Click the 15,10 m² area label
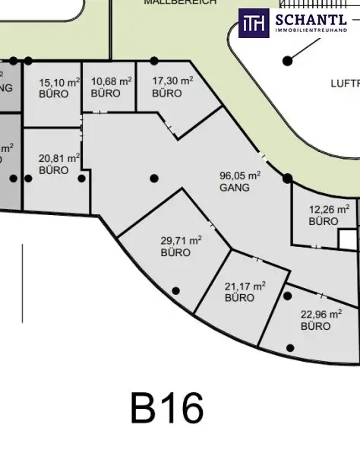pyautogui.click(x=58, y=82)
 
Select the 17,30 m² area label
pyautogui.click(x=172, y=81)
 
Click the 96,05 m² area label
pyautogui.click(x=240, y=174)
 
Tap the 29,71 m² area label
pyautogui.click(x=181, y=240)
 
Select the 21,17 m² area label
pyautogui.click(x=245, y=286)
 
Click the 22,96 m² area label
pyautogui.click(x=321, y=314)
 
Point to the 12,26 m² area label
pyautogui.click(x=329, y=208)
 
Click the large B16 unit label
pyautogui.click(x=167, y=408)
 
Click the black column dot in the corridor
pyautogui.click(x=154, y=179)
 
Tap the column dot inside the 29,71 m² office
pyautogui.click(x=176, y=290)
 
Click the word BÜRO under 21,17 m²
pyautogui.click(x=240, y=299)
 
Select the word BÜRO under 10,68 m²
pyautogui.click(x=106, y=93)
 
